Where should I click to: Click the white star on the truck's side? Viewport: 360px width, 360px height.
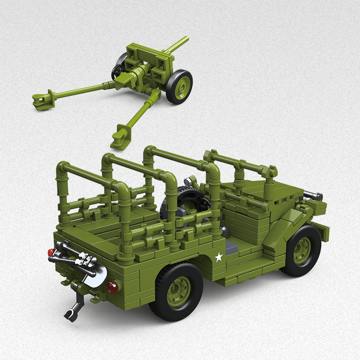click(x=219, y=257)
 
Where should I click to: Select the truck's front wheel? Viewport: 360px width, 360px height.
click(x=301, y=250)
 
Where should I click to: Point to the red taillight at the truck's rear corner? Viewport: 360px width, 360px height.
click(x=51, y=252)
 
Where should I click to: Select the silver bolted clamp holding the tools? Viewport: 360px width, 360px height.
click(x=85, y=260)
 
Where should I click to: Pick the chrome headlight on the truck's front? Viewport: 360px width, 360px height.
click(x=313, y=196)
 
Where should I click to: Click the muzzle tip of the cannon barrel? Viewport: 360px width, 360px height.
click(x=185, y=40)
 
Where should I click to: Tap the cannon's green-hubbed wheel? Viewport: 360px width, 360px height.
click(x=179, y=86)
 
